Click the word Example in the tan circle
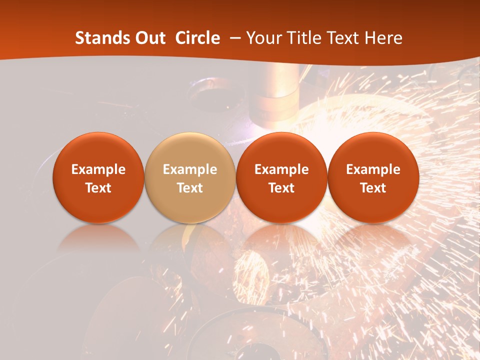[x=190, y=169]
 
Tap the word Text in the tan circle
[x=190, y=188]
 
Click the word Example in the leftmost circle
[x=98, y=169]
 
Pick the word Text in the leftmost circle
[x=98, y=188]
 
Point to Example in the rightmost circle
[x=373, y=169]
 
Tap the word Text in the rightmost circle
[x=373, y=188]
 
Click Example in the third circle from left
[x=281, y=169]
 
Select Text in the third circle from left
[x=281, y=188]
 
